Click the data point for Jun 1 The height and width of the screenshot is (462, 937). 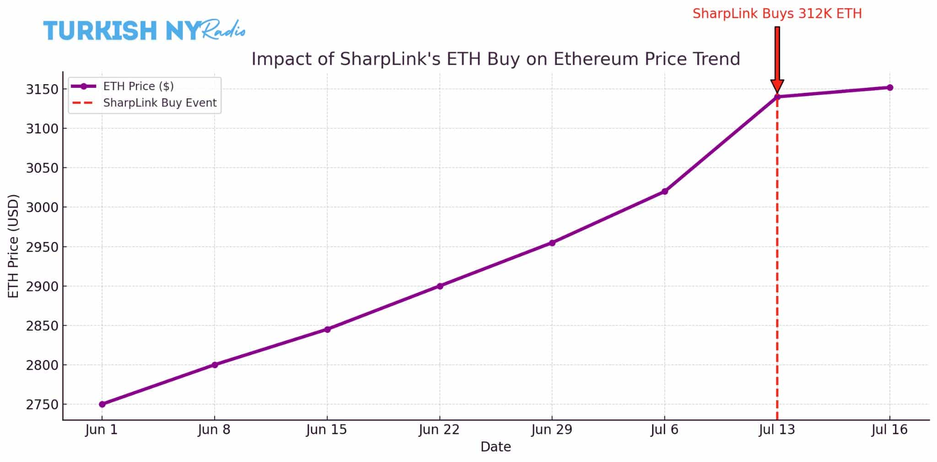click(x=102, y=404)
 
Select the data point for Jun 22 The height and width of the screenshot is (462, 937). click(x=440, y=286)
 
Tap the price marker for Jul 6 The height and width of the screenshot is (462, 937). click(x=665, y=191)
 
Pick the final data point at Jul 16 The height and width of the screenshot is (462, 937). click(x=890, y=87)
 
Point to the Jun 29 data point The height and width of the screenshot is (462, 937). click(x=552, y=243)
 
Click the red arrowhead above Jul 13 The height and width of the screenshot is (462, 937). click(x=777, y=86)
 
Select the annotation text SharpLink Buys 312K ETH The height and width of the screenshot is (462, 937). click(x=777, y=14)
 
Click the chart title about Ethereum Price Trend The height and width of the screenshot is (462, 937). click(x=495, y=59)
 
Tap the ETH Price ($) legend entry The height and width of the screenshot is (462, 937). click(x=138, y=86)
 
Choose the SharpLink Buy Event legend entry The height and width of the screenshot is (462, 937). click(x=160, y=103)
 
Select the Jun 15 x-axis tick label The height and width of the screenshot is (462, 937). click(x=327, y=430)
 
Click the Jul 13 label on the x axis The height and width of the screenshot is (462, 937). click(x=777, y=430)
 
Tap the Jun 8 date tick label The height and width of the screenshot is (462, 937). click(x=214, y=430)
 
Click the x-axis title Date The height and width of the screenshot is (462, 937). click(x=495, y=447)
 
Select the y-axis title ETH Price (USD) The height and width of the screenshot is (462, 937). click(x=14, y=246)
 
